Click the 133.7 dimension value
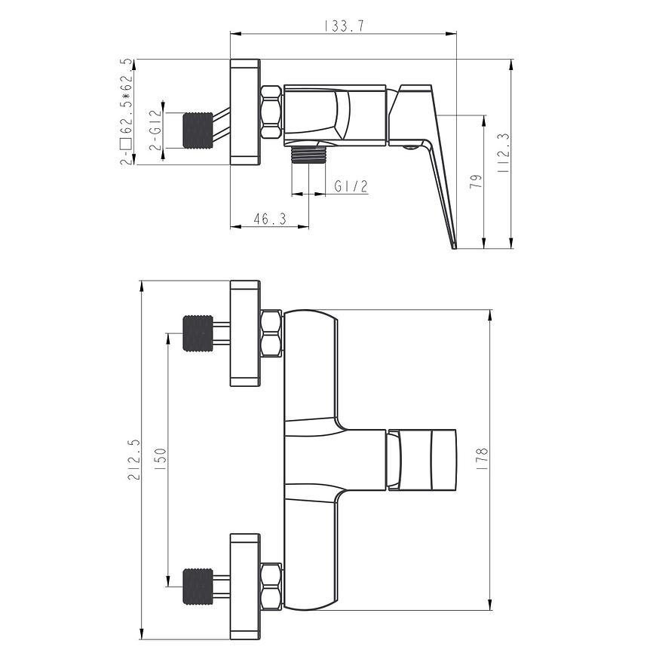(x=345, y=26)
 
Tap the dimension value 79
(x=476, y=181)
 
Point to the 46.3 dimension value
(x=270, y=219)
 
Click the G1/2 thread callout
(x=351, y=185)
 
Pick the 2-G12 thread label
(x=155, y=130)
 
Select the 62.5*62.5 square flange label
(x=126, y=112)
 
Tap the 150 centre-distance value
(x=161, y=459)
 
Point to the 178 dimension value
(x=483, y=459)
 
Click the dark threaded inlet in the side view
(x=198, y=130)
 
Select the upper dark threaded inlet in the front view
(x=198, y=333)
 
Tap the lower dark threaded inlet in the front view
(x=198, y=587)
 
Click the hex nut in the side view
(x=271, y=112)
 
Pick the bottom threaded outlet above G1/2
(x=308, y=155)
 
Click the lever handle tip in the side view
(x=455, y=247)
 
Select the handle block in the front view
(x=421, y=459)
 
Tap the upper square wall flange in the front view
(x=245, y=333)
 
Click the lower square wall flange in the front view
(x=245, y=587)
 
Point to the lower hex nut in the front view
(x=271, y=587)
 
